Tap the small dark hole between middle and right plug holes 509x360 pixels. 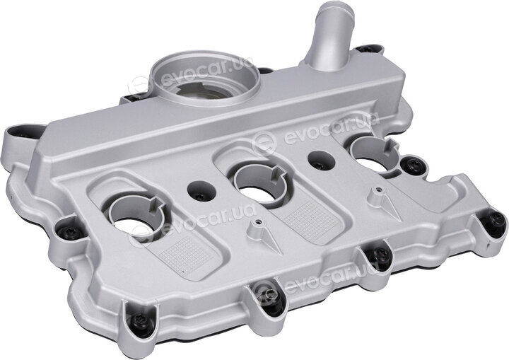pyautogui.click(x=322, y=161)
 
